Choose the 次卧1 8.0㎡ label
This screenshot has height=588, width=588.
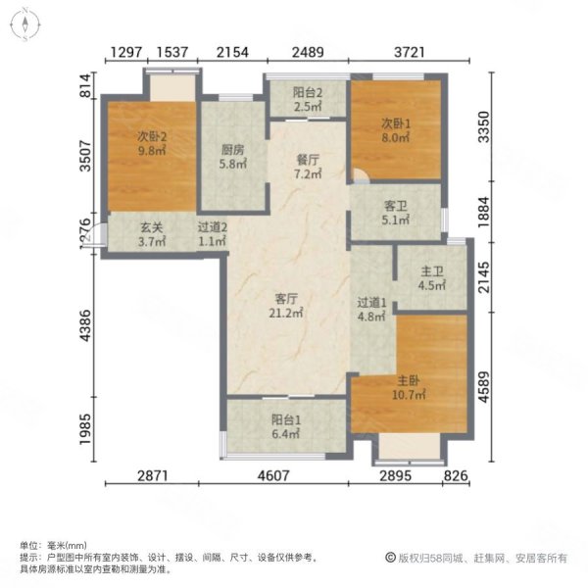point(395,130)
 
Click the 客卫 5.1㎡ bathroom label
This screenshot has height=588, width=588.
point(395,214)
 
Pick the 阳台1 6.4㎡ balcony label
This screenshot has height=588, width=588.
point(286,429)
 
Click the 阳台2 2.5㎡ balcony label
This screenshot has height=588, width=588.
point(307,99)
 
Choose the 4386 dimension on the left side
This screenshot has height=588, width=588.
point(85,324)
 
